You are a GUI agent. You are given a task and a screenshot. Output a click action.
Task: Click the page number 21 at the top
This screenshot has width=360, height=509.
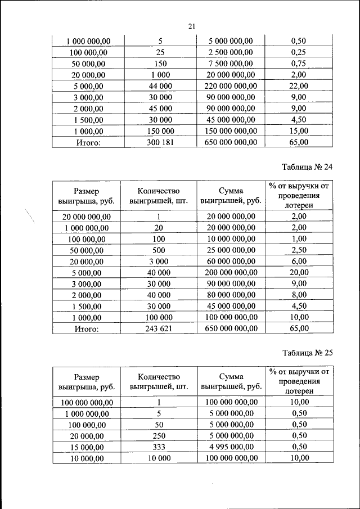click(x=191, y=26)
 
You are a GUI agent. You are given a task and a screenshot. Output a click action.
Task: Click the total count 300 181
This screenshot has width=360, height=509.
click(x=159, y=142)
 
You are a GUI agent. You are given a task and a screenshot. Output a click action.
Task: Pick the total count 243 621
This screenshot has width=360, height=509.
click(x=159, y=328)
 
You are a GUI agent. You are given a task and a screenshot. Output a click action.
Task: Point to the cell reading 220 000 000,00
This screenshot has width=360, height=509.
click(x=231, y=86)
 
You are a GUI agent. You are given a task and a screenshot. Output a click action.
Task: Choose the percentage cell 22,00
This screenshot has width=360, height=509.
click(x=299, y=86)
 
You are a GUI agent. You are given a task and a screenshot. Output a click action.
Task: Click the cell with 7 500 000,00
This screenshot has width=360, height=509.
click(x=231, y=64)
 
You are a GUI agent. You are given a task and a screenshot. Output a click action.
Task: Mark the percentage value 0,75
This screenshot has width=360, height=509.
click(x=299, y=64)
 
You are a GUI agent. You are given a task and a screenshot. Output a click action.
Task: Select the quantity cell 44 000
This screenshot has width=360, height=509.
click(x=159, y=86)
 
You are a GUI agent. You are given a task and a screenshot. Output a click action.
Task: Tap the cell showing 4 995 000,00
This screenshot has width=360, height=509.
click(x=231, y=447)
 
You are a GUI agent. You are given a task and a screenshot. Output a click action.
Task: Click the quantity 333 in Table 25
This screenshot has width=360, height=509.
click(x=159, y=447)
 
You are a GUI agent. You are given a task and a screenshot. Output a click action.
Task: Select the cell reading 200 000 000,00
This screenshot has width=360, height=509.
click(x=231, y=272)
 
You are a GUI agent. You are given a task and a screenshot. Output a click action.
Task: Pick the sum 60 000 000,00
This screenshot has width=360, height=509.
click(x=231, y=261)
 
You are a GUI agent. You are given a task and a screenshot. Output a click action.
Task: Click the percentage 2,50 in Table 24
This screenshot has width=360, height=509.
click(x=299, y=250)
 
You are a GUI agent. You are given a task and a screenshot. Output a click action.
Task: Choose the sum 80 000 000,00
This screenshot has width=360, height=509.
click(x=231, y=295)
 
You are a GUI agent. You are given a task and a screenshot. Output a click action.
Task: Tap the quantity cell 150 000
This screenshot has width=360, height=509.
click(x=159, y=131)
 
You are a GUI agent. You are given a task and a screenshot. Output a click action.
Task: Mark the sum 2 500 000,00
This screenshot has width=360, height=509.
click(x=231, y=52)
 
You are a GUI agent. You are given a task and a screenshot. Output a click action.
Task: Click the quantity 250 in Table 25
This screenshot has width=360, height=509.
click(x=159, y=436)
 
